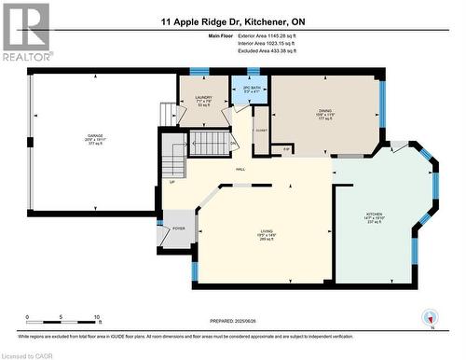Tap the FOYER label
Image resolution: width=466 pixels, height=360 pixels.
pos(178,227)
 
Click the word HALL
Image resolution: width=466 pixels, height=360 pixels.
pos(240,169)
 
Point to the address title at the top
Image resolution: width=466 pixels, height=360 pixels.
pos(232,22)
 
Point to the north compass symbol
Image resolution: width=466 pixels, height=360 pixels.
pos(431,322)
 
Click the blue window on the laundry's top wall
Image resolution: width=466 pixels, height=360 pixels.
pos(199,72)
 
